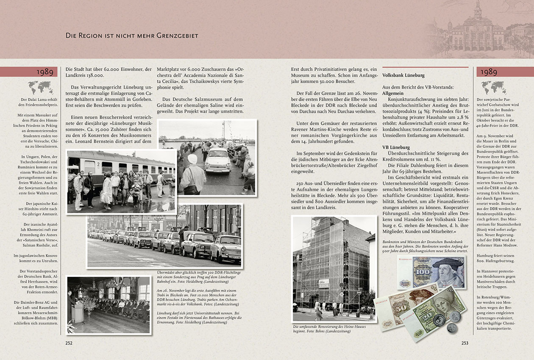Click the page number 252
[69, 343]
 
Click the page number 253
[465, 343]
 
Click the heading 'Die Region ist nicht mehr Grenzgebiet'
[132, 36]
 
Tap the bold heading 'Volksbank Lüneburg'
[403, 75]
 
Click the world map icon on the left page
[40, 88]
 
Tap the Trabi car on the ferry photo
[218, 161]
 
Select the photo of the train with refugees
[121, 181]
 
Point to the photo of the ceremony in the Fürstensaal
[109, 305]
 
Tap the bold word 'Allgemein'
[393, 92]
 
